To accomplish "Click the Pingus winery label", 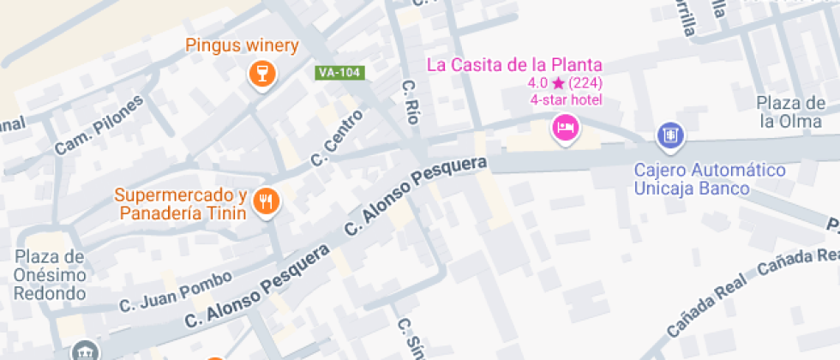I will click(242, 46).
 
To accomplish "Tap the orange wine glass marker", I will click(261, 73).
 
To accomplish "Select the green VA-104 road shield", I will click(340, 73).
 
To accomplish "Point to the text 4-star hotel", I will click(566, 100).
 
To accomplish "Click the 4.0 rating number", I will click(537, 83).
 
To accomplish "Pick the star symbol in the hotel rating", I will click(558, 83).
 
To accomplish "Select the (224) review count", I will click(585, 83).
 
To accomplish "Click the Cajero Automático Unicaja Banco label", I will click(710, 179).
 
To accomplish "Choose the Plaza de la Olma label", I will click(789, 112).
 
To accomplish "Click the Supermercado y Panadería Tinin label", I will click(181, 203).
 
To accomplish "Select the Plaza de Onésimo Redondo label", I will click(50, 275).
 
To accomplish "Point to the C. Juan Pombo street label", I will click(175, 291).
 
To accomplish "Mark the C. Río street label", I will click(411, 103).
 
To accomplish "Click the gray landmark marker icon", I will click(85, 351).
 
